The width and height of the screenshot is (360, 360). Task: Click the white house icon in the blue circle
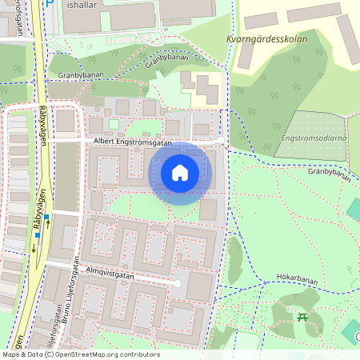click(x=180, y=172)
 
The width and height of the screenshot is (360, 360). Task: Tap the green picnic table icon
click(x=303, y=318)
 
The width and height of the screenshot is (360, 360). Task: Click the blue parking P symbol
click(x=49, y=4)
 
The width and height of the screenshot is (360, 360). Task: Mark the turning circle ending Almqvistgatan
click(x=178, y=284)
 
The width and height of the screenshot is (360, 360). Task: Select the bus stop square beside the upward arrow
click(x=47, y=217)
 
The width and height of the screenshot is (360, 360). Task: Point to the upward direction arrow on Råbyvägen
click(x=49, y=225)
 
